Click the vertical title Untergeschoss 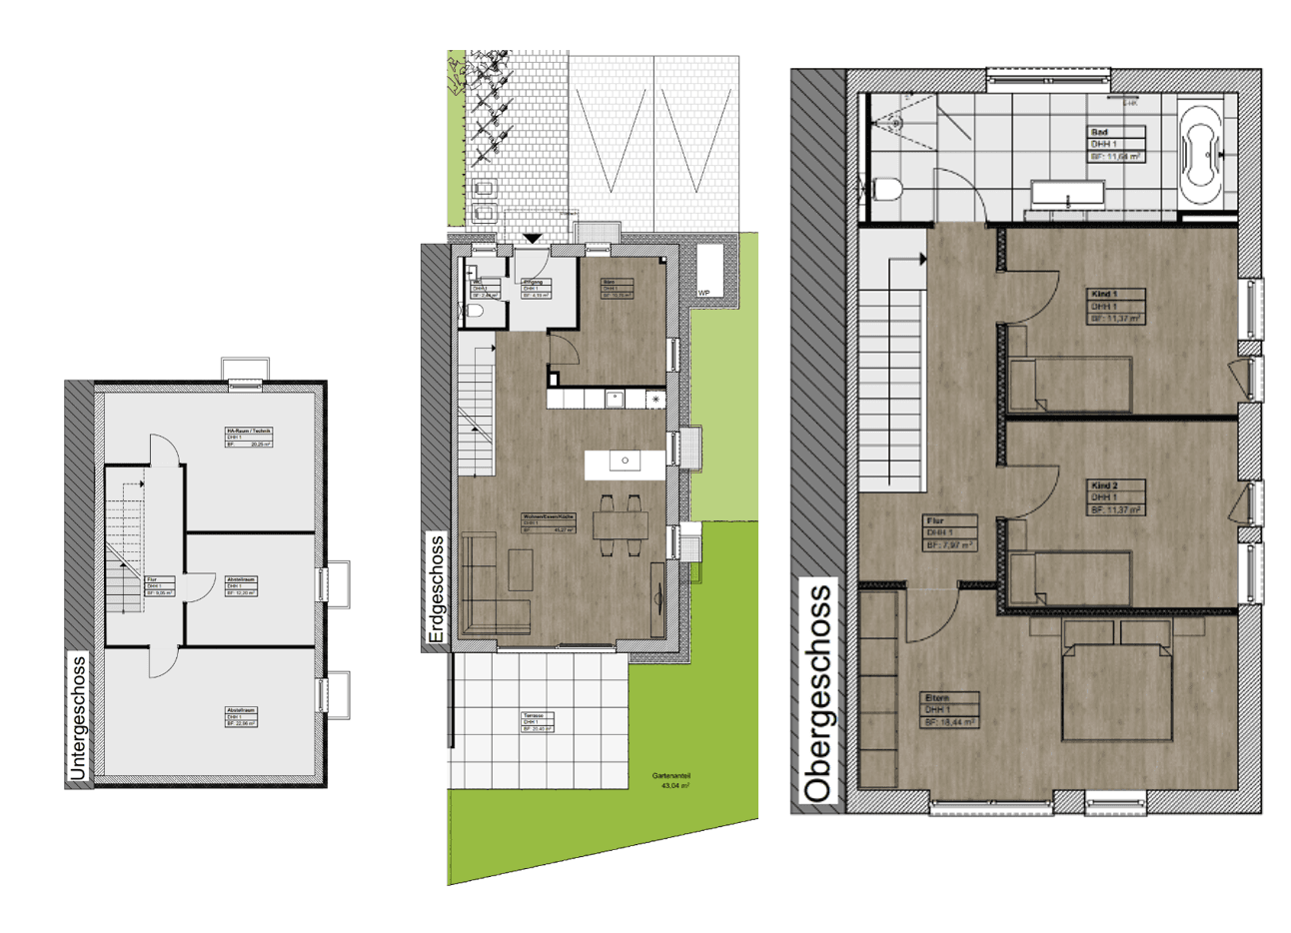tap(79, 715)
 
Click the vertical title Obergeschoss tap(817, 695)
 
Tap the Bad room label tap(1115, 144)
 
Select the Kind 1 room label tap(1115, 306)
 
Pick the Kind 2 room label tap(1115, 496)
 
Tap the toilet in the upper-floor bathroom tap(886, 188)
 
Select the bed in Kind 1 tap(1069, 385)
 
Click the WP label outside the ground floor tap(704, 293)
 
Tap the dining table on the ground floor tap(620, 525)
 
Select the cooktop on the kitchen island tap(626, 462)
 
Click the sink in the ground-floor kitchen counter tap(616, 399)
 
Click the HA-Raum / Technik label tap(248, 437)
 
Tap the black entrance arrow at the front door tap(533, 239)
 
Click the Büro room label tap(616, 288)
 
